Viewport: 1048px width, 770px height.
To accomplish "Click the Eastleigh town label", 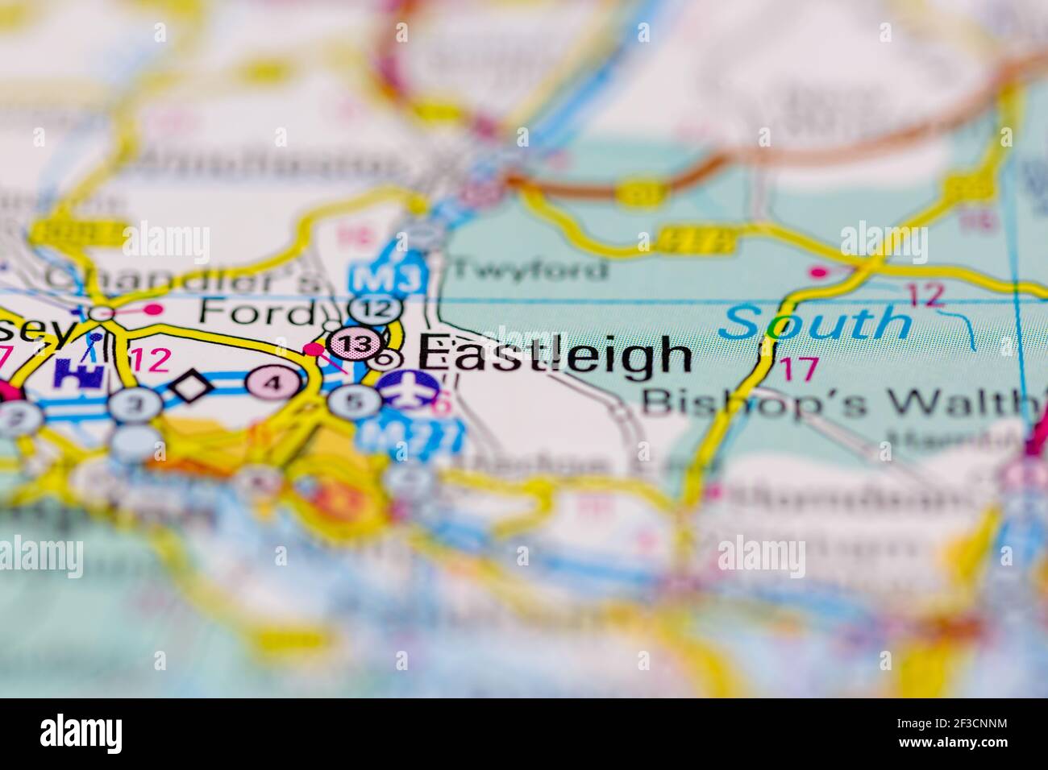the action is click(555, 356).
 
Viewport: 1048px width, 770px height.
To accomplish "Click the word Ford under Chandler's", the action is click(256, 311).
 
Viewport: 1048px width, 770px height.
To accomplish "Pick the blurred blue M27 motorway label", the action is click(411, 436).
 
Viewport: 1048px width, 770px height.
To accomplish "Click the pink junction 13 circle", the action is click(356, 345).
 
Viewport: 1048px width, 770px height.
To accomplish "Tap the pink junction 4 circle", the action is click(273, 382).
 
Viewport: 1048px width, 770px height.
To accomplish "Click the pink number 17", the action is click(798, 369).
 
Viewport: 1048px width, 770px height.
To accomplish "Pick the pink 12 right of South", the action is click(924, 296).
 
